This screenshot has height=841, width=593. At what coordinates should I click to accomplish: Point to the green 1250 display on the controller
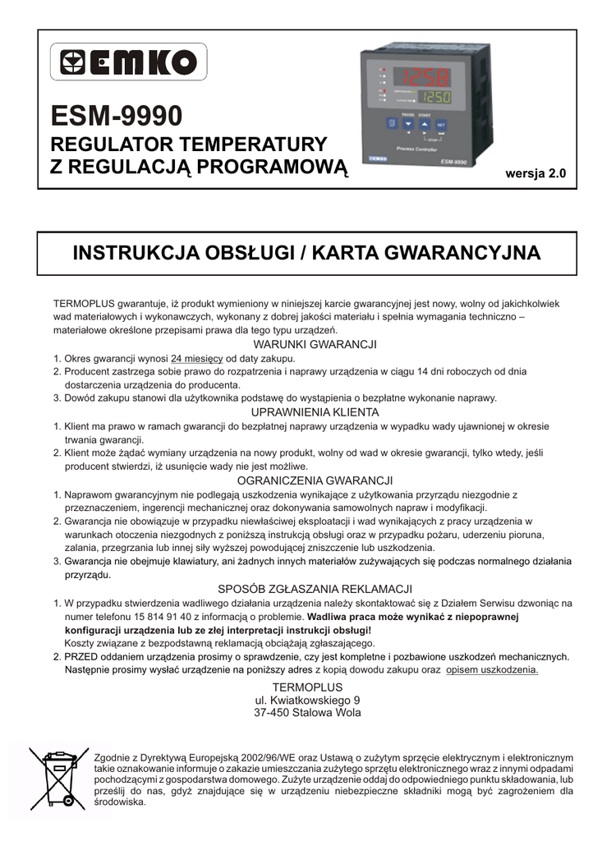click(x=434, y=99)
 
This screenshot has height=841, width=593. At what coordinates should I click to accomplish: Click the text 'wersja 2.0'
click(x=536, y=173)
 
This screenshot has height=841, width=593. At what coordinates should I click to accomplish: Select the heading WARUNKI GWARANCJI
click(x=315, y=344)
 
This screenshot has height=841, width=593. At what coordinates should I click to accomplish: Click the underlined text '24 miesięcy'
click(x=197, y=358)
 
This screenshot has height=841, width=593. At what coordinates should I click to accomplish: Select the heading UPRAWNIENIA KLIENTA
click(x=315, y=411)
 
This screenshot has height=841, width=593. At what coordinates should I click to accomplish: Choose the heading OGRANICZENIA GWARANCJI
click(x=315, y=480)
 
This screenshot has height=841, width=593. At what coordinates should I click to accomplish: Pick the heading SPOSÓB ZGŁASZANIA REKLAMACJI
click(x=315, y=589)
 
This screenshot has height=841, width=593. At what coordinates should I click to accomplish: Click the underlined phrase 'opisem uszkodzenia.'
click(x=492, y=669)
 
